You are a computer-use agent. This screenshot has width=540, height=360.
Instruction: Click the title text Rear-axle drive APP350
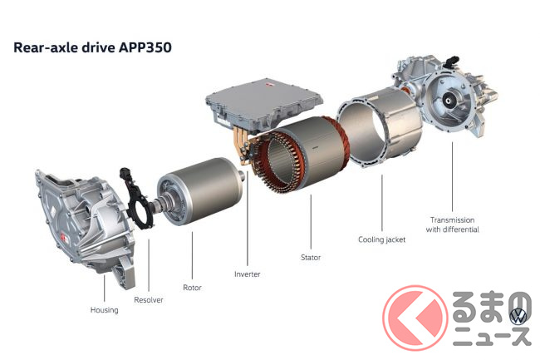coord(92,47)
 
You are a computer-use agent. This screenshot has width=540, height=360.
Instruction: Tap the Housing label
coord(105,310)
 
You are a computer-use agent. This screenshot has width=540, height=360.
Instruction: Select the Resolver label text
coord(149,299)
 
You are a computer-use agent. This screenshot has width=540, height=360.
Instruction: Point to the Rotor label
coord(192,288)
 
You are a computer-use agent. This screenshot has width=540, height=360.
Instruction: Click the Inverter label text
coord(248,274)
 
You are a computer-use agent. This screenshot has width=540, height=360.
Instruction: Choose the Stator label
coord(311,258)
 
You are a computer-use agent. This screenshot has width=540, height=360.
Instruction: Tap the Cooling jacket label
coord(381,239)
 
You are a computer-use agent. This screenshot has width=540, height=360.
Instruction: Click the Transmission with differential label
coord(452,224)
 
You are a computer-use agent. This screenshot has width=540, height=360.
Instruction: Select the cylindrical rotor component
coord(202,190)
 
